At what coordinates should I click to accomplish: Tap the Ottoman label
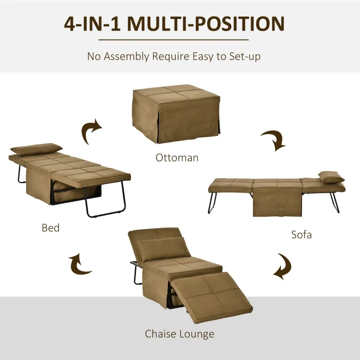pyautogui.click(x=177, y=157)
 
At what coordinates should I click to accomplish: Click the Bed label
pyautogui.click(x=50, y=228)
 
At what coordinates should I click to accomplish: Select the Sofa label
pyautogui.click(x=301, y=234)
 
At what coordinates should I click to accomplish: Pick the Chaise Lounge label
pyautogui.click(x=180, y=333)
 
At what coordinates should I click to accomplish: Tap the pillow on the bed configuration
pyautogui.click(x=36, y=149)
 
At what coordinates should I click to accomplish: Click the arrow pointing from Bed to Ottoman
pyautogui.click(x=92, y=130)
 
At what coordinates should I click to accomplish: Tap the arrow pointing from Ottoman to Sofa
pyautogui.click(x=273, y=139)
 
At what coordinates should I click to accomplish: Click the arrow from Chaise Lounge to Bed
pyautogui.click(x=80, y=265)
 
